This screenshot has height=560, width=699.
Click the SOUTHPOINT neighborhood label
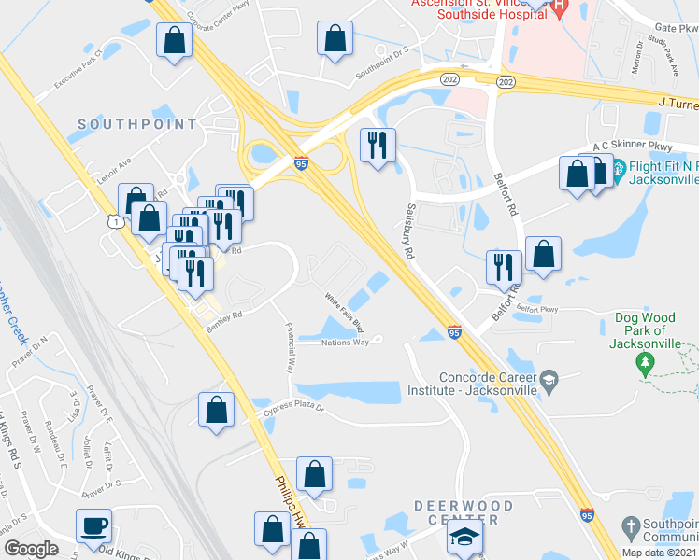click(x=137, y=123)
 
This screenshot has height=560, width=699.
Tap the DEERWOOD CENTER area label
click(x=464, y=512)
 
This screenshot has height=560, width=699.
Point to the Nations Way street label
click(x=346, y=343)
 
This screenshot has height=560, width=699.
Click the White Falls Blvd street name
click(x=344, y=309)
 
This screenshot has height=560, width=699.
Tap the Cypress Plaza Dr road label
click(x=292, y=409)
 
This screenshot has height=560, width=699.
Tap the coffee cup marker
click(x=93, y=525)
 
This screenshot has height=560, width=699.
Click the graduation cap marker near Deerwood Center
click(x=464, y=537)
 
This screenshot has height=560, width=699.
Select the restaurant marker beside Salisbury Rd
click(x=378, y=145)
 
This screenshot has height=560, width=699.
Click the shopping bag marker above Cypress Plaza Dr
click(x=216, y=409)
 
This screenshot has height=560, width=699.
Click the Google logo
click(x=31, y=549)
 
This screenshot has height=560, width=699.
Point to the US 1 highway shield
click(x=113, y=221)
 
